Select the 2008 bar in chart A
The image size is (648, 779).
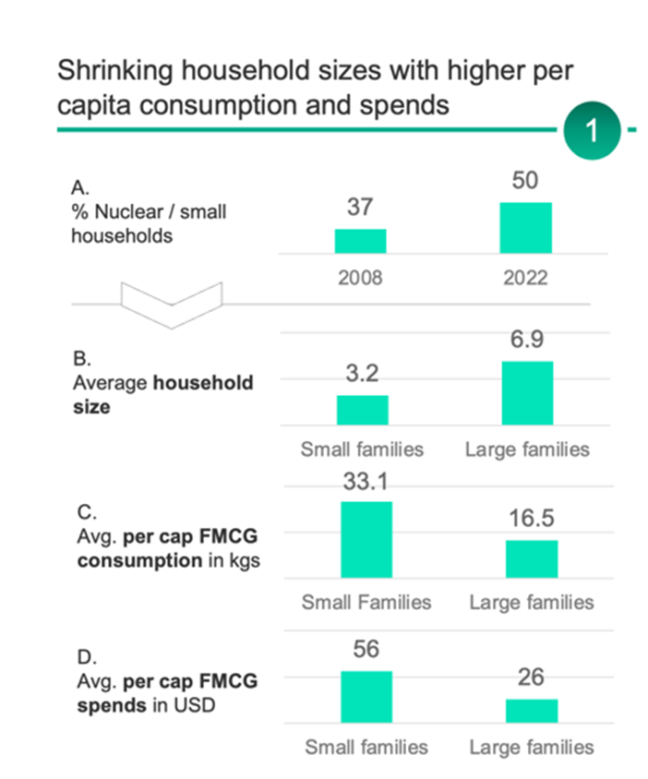click(360, 241)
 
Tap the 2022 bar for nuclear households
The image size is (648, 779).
click(526, 228)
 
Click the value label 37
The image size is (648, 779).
click(360, 207)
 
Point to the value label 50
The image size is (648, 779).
click(526, 181)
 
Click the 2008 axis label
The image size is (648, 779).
click(360, 278)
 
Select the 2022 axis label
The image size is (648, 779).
click(526, 278)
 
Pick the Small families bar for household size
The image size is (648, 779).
click(362, 410)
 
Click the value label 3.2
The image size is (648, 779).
click(362, 373)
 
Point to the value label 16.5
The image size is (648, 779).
click(531, 518)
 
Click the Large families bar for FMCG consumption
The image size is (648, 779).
click(531, 559)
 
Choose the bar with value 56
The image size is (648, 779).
click(366, 697)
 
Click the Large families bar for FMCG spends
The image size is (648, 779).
click(531, 711)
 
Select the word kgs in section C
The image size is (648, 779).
click(242, 561)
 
